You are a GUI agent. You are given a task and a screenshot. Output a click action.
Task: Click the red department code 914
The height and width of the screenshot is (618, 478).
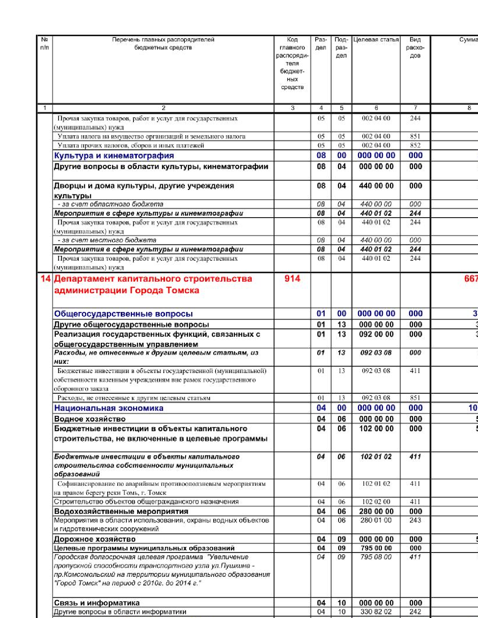tap(292, 278)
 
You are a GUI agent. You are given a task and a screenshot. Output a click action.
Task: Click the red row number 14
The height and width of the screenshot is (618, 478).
tap(45, 279)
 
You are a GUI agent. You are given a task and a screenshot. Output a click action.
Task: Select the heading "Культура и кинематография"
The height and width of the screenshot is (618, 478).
tap(114, 155)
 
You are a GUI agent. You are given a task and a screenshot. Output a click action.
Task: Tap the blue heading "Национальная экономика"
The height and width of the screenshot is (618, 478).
tap(109, 408)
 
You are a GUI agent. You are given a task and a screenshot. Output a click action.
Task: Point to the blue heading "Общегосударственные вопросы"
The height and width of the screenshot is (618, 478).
tap(123, 314)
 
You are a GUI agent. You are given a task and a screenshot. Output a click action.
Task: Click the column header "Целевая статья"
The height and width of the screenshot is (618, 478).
tap(376, 40)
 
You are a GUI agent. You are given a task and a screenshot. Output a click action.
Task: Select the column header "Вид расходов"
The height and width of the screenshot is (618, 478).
tap(415, 48)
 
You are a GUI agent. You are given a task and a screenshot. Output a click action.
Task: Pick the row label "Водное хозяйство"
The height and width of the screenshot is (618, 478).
tap(90, 419)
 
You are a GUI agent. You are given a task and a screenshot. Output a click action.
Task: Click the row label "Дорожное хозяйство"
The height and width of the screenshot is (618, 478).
tap(95, 539)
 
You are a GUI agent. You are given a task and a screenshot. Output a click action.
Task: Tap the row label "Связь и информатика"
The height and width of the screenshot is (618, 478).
tap(97, 603)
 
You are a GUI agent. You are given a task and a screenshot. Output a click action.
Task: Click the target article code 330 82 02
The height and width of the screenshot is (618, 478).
tap(376, 612)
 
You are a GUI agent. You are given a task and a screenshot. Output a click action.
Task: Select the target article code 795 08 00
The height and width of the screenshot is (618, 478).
tap(376, 557)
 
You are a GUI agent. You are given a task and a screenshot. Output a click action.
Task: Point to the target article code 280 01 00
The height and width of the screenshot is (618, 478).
tap(376, 520)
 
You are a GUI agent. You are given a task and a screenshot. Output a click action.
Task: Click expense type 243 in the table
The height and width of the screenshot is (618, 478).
tap(415, 520)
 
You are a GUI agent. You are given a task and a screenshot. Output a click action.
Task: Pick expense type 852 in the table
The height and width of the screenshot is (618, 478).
tap(415, 145)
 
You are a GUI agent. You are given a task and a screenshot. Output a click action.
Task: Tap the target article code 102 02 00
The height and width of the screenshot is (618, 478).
tap(376, 502)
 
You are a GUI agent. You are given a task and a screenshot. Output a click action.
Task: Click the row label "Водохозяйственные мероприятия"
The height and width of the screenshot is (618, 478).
tap(121, 511)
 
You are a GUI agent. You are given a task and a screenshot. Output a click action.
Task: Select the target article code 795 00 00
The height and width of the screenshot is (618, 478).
tap(376, 548)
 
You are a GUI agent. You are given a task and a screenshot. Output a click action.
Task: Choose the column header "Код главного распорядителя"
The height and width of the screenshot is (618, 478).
tap(292, 63)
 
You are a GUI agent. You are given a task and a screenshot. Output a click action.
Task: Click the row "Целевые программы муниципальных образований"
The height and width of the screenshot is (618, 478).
tap(144, 548)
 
